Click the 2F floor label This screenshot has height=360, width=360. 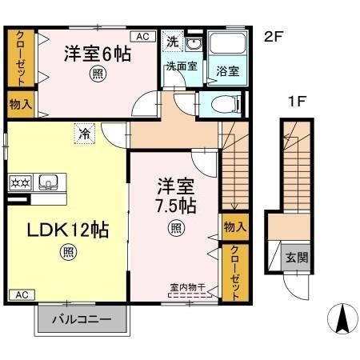pos(274,36)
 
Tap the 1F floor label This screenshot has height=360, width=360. pos(298,101)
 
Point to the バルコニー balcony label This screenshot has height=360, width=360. pos(82,323)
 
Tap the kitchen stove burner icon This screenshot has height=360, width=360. pos(19,182)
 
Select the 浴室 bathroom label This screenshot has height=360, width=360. pos(228,71)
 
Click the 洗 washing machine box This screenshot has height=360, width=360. pos(172,40)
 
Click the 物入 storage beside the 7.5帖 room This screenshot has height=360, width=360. pos(234,228)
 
